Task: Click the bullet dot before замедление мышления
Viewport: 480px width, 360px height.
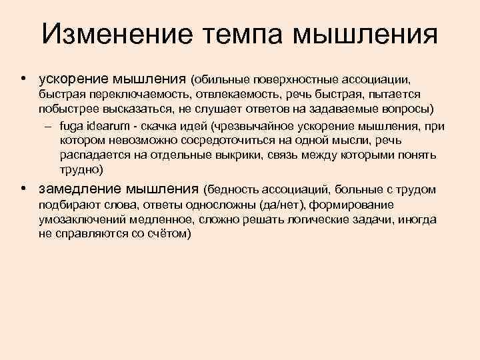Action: pyautogui.click(x=23, y=188)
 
